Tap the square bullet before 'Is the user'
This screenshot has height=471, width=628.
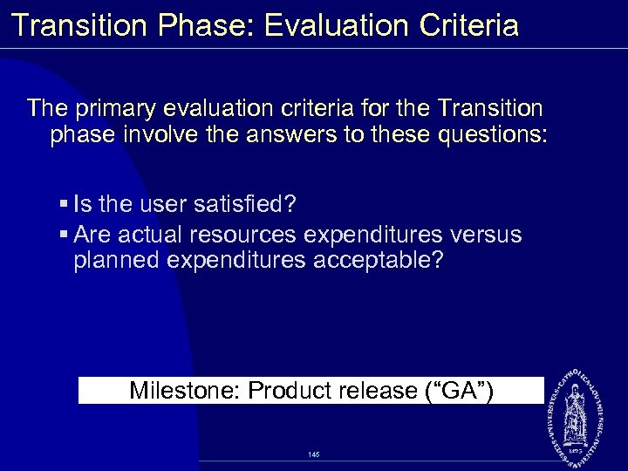pyautogui.click(x=65, y=205)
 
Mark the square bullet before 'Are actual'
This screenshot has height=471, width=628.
pyautogui.click(x=65, y=235)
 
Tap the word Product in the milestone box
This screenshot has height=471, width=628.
pyautogui.click(x=289, y=390)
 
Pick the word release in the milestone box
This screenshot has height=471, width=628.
pyautogui.click(x=374, y=390)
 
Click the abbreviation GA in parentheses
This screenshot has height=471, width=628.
pyautogui.click(x=459, y=390)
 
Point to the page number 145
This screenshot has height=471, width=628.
pyautogui.click(x=314, y=454)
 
